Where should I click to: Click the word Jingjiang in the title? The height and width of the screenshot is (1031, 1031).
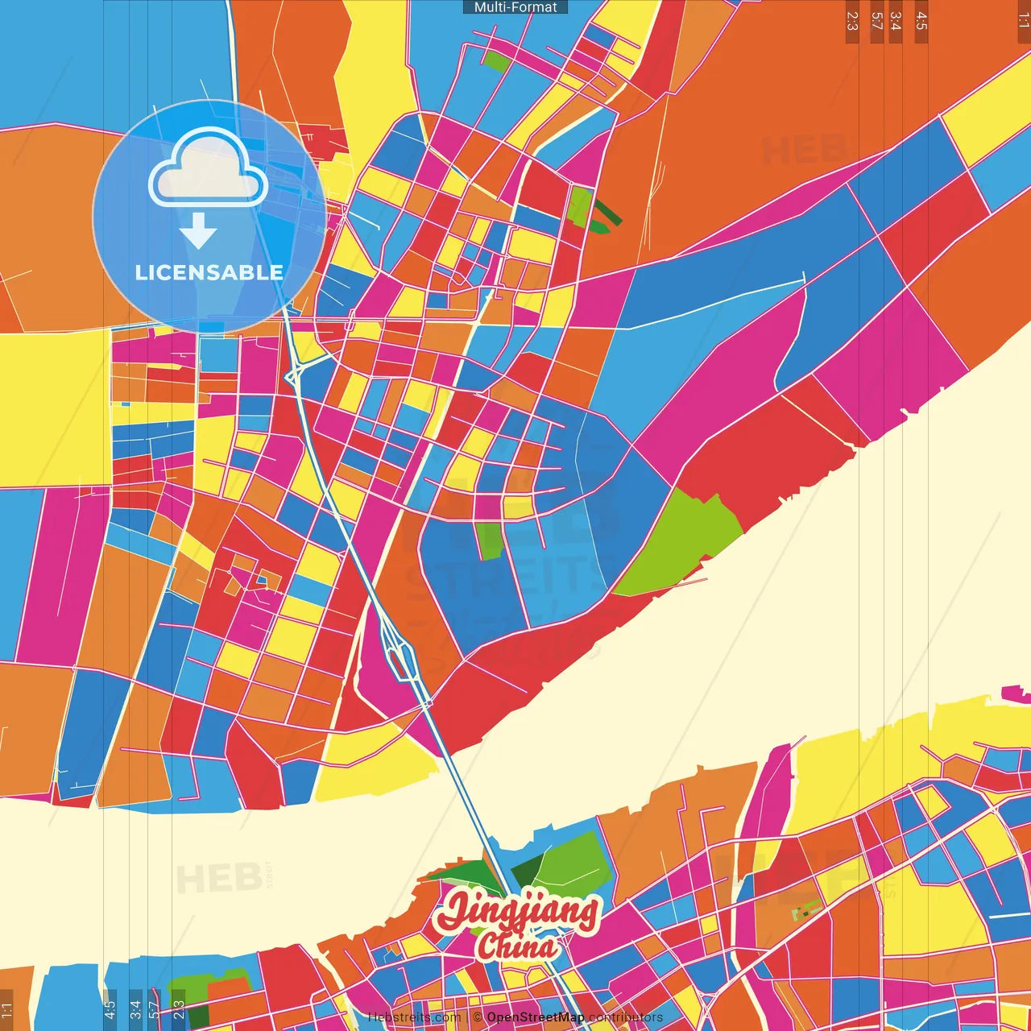point(516,912)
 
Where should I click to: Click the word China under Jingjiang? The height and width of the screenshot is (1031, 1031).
point(516,947)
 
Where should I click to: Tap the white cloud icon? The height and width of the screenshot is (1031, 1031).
point(209,168)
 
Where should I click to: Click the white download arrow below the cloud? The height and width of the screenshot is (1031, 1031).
point(198,231)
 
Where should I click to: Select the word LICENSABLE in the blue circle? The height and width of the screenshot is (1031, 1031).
point(209,272)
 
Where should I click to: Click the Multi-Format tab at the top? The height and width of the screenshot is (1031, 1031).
point(515,7)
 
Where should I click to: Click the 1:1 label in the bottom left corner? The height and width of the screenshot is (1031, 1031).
point(6,1009)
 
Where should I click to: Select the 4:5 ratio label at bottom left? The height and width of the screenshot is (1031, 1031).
point(110,1009)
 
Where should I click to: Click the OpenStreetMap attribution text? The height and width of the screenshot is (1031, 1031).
point(535,1017)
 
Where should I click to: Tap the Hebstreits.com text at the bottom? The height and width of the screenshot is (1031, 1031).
point(414,1017)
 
